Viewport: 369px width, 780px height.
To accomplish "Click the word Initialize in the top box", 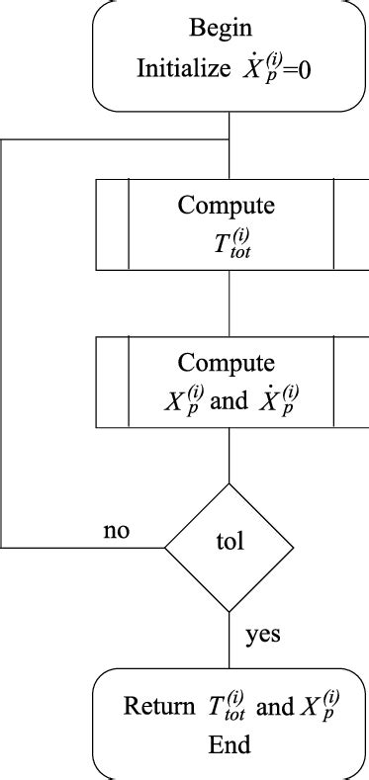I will (x=185, y=69).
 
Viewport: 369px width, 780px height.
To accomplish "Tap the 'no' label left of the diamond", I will (x=118, y=531).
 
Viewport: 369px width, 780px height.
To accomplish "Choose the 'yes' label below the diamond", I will (x=262, y=635).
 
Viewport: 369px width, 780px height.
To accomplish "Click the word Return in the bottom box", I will (x=160, y=707).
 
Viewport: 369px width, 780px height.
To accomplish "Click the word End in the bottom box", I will (x=230, y=743).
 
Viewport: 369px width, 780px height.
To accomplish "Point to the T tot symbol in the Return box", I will (x=225, y=707).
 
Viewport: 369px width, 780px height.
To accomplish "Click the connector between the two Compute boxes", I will (x=230, y=303).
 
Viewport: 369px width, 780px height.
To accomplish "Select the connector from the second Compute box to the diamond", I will (x=230, y=457).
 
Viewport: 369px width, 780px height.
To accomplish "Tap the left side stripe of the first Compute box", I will (x=112, y=223).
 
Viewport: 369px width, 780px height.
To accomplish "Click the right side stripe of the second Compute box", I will (x=347, y=382).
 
